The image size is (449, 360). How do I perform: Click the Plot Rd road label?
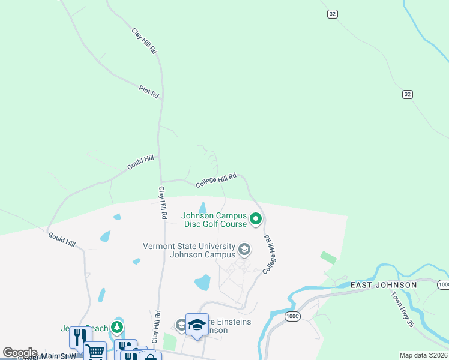point(149,91)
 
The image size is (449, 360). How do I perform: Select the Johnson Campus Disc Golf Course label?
point(214,220)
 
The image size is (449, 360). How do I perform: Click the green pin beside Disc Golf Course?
point(256,219)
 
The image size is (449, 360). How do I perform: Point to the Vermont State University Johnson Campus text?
point(188,250)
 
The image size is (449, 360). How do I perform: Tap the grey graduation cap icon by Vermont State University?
point(244,248)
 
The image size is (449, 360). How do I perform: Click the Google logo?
point(19,353)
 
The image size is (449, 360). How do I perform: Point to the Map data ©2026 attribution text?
point(423,355)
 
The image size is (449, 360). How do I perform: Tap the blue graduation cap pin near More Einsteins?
point(197,325)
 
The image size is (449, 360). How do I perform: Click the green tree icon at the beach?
point(119,328)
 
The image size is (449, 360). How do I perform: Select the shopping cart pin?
point(95,350)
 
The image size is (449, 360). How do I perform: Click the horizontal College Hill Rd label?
point(216,180)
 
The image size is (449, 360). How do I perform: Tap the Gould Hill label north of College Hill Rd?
point(140,162)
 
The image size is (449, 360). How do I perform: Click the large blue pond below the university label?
point(203,282)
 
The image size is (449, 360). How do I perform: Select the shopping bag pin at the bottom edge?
point(150,356)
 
